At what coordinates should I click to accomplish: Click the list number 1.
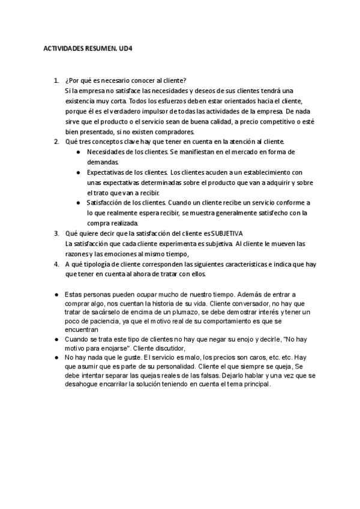click(56, 80)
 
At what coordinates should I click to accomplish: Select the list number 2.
click(56, 142)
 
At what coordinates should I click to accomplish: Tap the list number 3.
click(56, 233)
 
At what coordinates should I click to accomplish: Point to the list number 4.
click(56, 264)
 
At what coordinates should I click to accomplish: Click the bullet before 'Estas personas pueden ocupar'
click(56, 295)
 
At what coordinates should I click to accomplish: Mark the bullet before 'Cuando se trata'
click(56, 339)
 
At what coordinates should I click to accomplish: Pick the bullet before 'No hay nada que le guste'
click(56, 357)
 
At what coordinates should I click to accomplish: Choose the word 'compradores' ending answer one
click(176, 131)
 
